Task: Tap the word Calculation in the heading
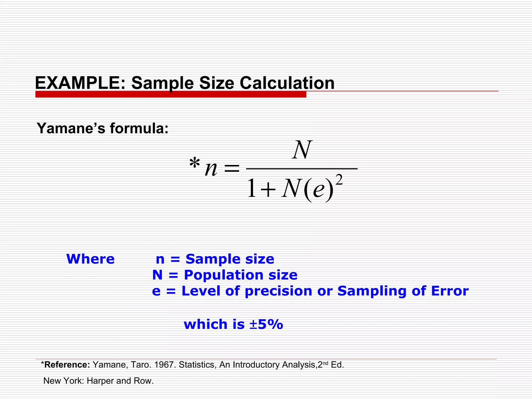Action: click(x=287, y=83)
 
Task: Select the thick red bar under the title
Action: click(x=171, y=94)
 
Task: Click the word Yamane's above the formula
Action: click(x=71, y=128)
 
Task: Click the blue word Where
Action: click(x=90, y=259)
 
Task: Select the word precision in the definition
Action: click(x=278, y=291)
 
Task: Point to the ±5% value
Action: click(x=266, y=324)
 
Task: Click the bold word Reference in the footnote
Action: click(x=67, y=365)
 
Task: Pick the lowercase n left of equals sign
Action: click(x=211, y=169)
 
